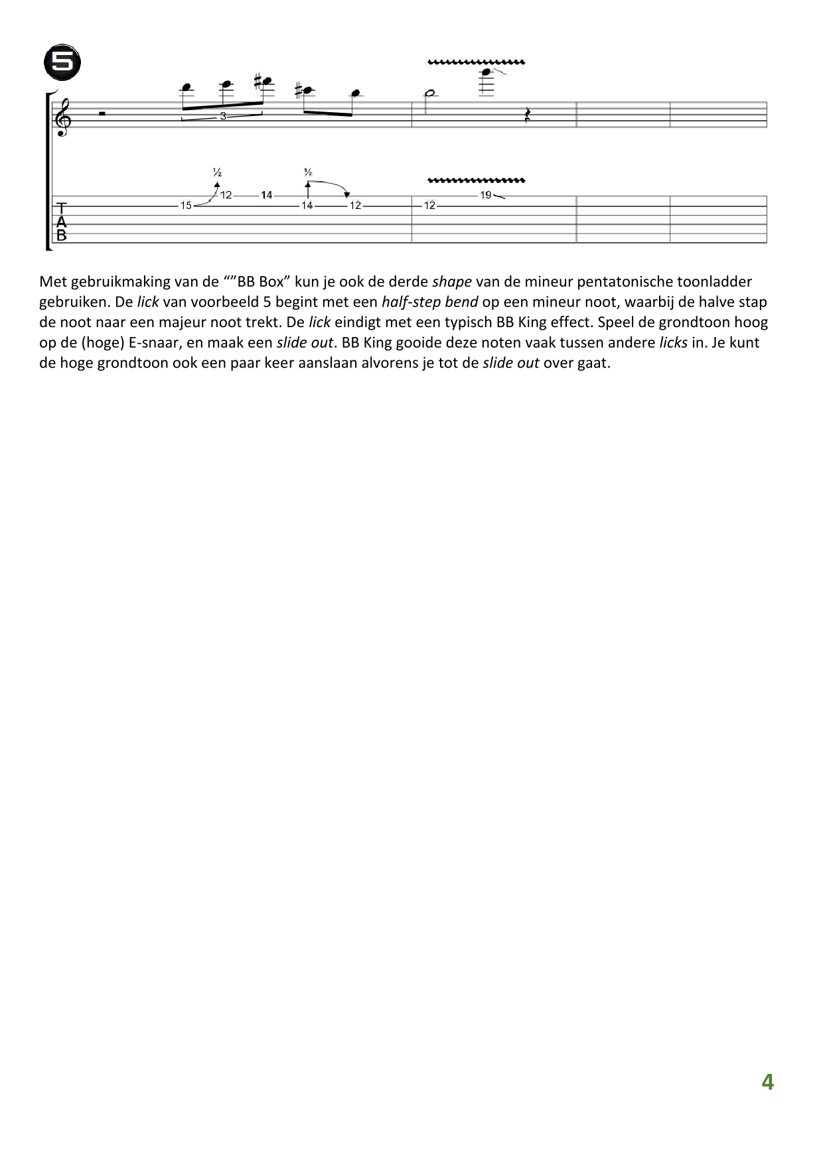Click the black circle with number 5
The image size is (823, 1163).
pos(62,63)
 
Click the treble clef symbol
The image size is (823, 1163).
pos(63,115)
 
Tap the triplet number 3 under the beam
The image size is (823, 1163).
pos(223,116)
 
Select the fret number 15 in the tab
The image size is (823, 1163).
pos(186,206)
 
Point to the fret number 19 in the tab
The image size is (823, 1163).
pos(486,195)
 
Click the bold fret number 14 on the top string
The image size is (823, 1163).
pos(267,195)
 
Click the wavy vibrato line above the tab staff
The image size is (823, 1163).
pos(477,180)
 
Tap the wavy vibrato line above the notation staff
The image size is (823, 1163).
pos(477,62)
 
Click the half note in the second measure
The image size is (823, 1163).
pos(430,93)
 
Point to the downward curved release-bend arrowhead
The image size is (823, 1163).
pos(346,194)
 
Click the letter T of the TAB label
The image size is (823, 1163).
pos(62,208)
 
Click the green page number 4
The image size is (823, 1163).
pos(767,1082)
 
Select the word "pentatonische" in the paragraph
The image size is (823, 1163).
pos(621,282)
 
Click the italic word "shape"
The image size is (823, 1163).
pos(452,282)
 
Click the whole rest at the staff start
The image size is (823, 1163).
pos(102,114)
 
